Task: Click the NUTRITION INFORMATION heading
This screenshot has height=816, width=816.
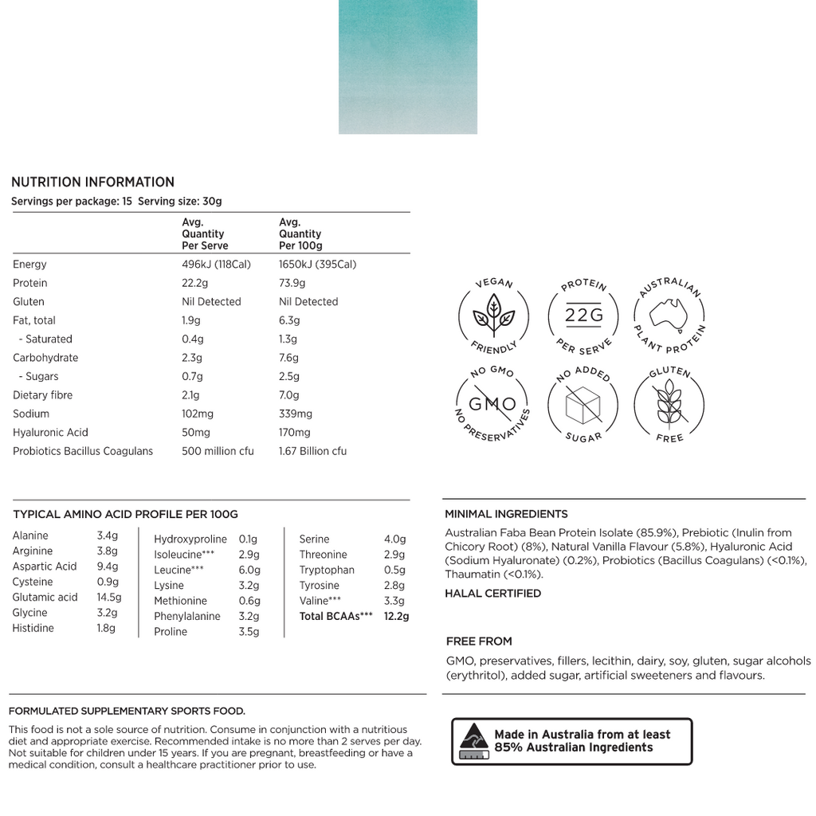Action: (92, 182)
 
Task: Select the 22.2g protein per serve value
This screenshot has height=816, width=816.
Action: (196, 283)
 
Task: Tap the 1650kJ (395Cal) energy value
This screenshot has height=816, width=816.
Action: (317, 265)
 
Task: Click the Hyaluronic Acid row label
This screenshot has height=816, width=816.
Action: (50, 432)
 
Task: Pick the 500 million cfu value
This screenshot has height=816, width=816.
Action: (218, 451)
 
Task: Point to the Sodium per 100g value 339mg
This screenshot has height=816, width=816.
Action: (296, 414)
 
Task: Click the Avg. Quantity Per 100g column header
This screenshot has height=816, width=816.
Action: (300, 234)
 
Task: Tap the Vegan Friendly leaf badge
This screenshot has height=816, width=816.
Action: (493, 316)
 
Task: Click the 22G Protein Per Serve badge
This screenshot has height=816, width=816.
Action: (584, 316)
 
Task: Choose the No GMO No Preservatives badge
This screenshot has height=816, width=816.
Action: (493, 405)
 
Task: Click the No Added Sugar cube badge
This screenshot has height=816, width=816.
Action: (584, 405)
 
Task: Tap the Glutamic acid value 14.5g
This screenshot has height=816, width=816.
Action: (109, 597)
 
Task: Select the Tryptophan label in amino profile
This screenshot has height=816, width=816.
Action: (327, 570)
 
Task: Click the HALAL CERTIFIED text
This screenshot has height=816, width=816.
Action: (492, 593)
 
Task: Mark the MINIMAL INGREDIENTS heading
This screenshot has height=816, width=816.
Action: (506, 514)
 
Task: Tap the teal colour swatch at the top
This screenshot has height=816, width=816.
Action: (408, 67)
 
